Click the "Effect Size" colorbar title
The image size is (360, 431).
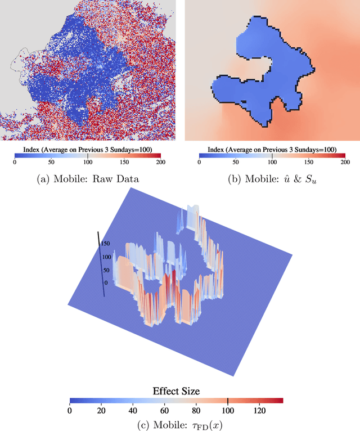tap(176, 390)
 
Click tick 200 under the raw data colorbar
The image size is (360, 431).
tap(160, 163)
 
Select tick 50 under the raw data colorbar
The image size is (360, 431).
tap(51, 163)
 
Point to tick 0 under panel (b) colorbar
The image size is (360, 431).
tap(199, 163)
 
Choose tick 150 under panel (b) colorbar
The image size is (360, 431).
tap(308, 163)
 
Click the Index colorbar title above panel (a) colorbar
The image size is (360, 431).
tap(87, 150)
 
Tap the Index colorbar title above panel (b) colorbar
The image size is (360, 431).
tap(272, 150)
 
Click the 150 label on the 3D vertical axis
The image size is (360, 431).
tap(105, 244)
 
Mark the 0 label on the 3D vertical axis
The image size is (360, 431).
tap(105, 283)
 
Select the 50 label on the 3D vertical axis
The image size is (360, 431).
tap(105, 270)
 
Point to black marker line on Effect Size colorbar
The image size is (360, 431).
tap(228, 401)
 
